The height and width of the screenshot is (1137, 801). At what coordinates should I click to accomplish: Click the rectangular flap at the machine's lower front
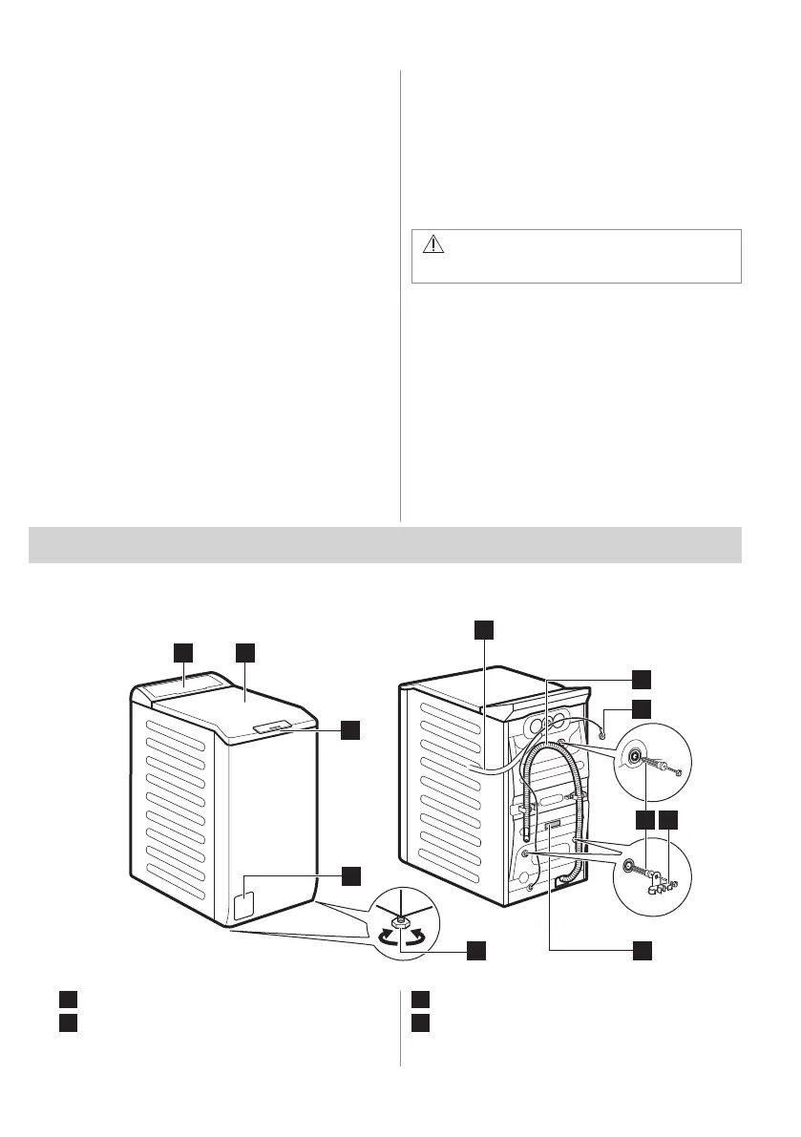244,904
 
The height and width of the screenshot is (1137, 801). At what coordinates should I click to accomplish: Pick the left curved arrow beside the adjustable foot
384,937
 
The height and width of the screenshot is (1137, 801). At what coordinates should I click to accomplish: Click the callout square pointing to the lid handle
351,729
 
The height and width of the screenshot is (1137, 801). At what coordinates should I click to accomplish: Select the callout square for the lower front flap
351,874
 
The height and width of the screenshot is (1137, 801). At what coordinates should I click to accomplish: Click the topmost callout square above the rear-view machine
485,628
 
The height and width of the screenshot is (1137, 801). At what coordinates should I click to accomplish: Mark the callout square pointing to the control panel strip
183,652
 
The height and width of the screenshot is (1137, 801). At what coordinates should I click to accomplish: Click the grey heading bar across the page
386,544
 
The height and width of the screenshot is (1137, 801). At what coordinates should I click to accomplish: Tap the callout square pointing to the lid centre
246,652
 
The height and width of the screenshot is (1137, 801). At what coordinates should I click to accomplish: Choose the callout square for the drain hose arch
644,678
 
